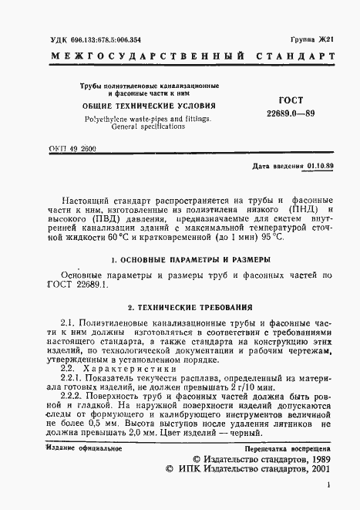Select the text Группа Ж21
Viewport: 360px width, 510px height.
tap(315, 37)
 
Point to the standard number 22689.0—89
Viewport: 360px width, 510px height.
tap(287, 113)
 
